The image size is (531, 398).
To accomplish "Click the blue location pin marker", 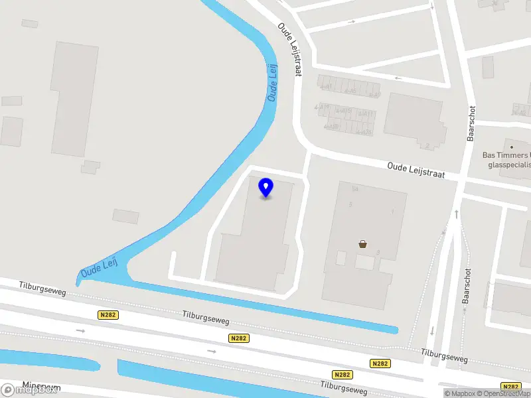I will (266, 187).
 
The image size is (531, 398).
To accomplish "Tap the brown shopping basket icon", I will (363, 243).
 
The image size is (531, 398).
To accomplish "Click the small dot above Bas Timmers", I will (512, 146).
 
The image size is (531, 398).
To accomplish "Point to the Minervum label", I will (41, 385).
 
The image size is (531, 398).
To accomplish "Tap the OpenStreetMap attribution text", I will (504, 393).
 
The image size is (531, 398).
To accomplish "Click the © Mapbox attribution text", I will (459, 393).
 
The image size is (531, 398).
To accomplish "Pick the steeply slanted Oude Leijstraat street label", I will (290, 50).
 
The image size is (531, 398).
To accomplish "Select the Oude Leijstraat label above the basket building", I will (416, 170).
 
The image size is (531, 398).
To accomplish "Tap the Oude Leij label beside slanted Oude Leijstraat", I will (272, 82).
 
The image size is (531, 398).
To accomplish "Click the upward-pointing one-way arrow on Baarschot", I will (457, 214).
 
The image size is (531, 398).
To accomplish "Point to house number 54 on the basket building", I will (355, 189).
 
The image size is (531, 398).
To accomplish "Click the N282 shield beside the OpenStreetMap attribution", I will (511, 387).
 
